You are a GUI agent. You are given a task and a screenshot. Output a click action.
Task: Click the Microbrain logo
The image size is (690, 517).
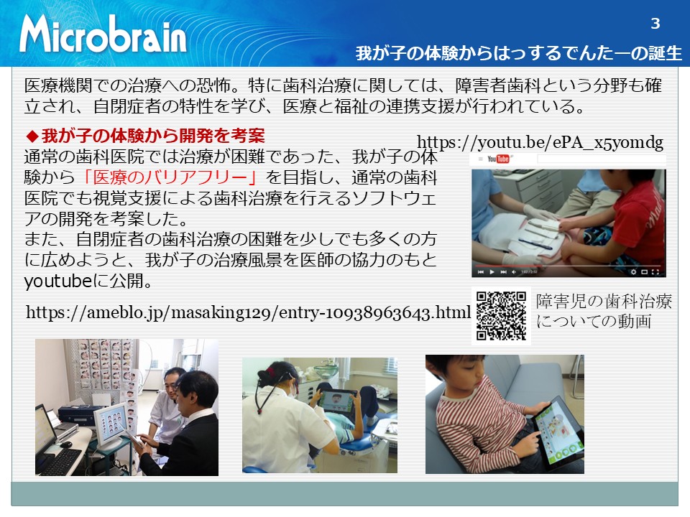[x=103, y=34]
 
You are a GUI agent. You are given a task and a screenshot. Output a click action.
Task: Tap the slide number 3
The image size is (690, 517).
[x=655, y=23]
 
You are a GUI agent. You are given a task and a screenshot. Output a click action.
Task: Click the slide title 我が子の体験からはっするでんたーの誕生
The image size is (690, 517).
[x=518, y=53]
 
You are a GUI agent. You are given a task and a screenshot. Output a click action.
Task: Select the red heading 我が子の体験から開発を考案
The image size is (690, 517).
[x=153, y=136]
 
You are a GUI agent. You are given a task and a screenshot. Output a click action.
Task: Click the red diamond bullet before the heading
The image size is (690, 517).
[x=32, y=136]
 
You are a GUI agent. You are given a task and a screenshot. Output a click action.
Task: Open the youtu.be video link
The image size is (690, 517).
[x=540, y=142]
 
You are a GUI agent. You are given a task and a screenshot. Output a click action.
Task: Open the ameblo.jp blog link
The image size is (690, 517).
[x=248, y=312]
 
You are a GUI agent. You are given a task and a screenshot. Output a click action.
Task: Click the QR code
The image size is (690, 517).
[x=501, y=316]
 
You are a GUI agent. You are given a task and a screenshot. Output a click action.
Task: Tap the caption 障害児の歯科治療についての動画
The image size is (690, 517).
[x=604, y=311]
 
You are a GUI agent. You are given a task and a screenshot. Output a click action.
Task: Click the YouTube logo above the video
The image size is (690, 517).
[x=497, y=159]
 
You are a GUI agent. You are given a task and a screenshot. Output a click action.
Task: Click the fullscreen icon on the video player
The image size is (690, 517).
[x=655, y=272]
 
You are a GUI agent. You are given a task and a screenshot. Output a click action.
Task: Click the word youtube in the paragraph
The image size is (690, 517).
[x=58, y=281]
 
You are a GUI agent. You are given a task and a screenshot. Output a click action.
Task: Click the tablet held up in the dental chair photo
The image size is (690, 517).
[x=337, y=404]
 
